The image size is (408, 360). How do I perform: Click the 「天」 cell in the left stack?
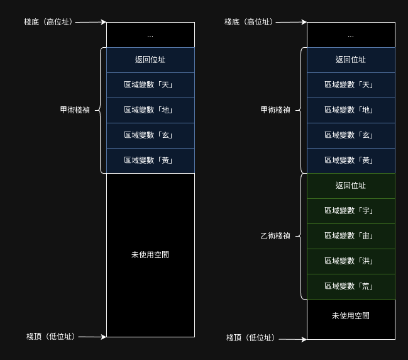click(150, 85)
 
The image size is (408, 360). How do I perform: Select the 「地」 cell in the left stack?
click(150, 110)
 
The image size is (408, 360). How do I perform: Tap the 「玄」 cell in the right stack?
click(351, 135)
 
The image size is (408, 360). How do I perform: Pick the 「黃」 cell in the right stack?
click(351, 160)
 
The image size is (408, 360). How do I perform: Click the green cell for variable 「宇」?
click(351, 211)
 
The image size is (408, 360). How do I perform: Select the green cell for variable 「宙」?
click(351, 236)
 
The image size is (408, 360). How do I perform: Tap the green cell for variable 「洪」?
click(351, 261)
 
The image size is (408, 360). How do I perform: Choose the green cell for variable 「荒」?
click(351, 286)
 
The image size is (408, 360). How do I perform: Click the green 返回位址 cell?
click(351, 186)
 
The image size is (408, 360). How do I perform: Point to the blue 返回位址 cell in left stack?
click(150, 60)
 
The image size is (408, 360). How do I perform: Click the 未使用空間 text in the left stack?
click(150, 255)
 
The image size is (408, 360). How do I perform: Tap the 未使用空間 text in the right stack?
click(351, 315)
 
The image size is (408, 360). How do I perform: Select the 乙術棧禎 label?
click(275, 236)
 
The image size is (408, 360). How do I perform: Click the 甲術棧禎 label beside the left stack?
click(75, 110)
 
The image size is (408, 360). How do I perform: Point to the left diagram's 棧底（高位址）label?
click(48, 22)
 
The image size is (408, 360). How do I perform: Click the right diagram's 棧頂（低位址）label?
click(251, 338)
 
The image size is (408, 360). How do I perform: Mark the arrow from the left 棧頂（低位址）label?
click(92, 337)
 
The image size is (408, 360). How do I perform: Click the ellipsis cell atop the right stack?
click(351, 35)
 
